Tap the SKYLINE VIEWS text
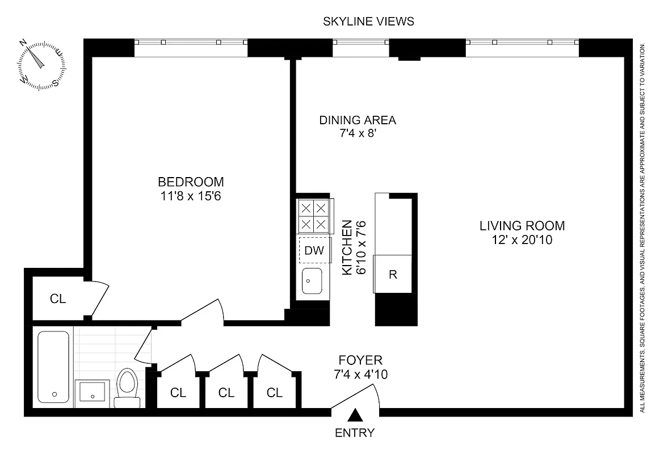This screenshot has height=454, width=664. point(368,22)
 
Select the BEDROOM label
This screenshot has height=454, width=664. point(191,182)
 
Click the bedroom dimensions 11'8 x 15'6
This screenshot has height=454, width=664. point(191,196)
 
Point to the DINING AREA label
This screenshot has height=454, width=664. point(357,120)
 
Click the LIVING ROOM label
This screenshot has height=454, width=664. point(522,226)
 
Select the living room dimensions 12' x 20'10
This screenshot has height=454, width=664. point(522,240)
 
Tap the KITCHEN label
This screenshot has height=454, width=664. point(347,248)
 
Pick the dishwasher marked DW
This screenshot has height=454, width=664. point(314,250)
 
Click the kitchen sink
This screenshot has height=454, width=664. point(312,280)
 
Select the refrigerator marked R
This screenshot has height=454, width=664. point(392,275)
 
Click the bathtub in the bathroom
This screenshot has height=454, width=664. point(54,366)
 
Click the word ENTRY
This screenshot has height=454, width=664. point(355,433)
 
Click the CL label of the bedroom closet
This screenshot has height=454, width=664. point(58,299)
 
